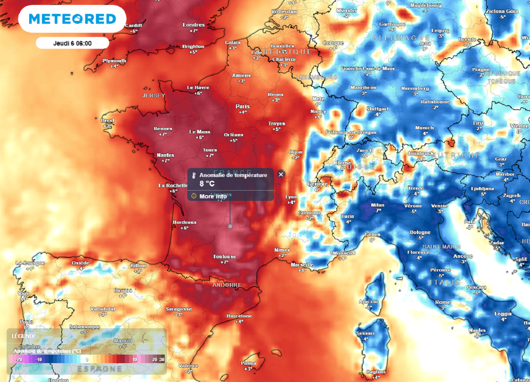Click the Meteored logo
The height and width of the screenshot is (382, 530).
72,19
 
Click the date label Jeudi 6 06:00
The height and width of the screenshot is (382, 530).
72,43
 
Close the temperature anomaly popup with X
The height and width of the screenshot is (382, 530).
281,174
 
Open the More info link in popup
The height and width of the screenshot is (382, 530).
213,196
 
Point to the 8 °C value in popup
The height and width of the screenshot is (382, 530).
207,183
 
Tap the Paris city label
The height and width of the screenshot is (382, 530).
242,106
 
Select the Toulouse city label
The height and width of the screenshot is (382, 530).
225,256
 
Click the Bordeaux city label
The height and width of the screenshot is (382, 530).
184,223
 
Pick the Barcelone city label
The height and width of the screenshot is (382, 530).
240,316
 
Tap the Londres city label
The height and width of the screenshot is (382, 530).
194,25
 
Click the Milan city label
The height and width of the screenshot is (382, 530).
378,205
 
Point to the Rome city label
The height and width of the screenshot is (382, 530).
443,302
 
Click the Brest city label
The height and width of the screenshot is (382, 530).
108,120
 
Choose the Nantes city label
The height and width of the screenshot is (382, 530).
166,155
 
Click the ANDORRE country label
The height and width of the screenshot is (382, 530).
227,285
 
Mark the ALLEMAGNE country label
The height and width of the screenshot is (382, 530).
401,38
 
